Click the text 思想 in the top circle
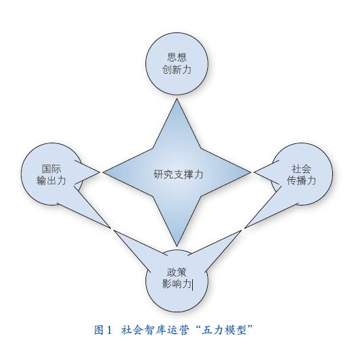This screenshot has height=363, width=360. (x=177, y=57)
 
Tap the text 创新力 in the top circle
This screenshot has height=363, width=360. (x=177, y=70)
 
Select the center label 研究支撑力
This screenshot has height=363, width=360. (x=178, y=174)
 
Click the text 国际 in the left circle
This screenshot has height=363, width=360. (x=51, y=169)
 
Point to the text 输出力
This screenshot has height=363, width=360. (x=51, y=180)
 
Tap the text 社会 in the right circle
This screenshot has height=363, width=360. (x=301, y=169)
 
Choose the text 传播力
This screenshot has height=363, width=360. (x=301, y=180)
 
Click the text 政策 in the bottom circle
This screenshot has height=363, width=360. (x=177, y=272)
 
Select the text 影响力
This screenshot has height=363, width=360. (x=177, y=284)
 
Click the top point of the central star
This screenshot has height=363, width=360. (x=177, y=99)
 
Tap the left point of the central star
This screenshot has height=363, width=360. (x=103, y=172)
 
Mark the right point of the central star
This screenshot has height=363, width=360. (x=250, y=172)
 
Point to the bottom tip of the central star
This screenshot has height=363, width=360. (x=177, y=246)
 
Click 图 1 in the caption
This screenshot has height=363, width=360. (x=103, y=330)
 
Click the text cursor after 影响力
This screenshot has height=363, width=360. (x=193, y=285)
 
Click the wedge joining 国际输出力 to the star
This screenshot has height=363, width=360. (x=86, y=172)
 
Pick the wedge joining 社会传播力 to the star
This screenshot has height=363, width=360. (x=267, y=172)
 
